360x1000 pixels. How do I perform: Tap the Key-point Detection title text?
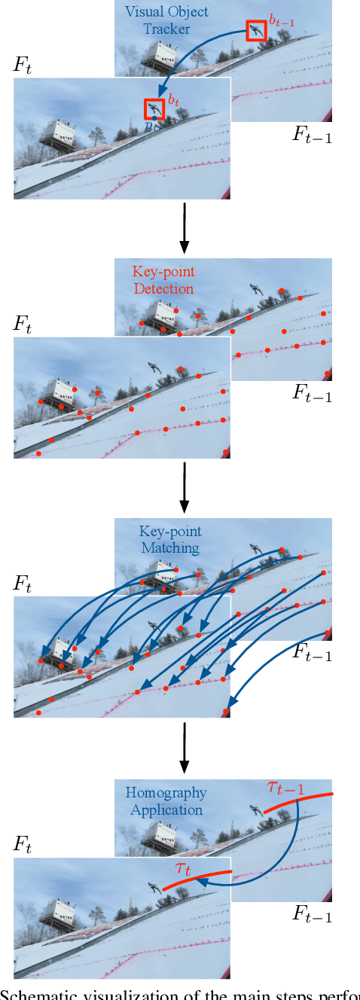point(162,280)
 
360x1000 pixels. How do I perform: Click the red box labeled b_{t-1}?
point(257,30)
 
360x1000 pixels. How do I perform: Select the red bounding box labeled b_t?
point(154,108)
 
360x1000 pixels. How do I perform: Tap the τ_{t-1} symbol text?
point(285,788)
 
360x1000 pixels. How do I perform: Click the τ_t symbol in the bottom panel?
point(183,867)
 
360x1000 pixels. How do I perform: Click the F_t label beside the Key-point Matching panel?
point(23,584)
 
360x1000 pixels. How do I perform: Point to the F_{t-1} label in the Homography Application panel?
point(312,915)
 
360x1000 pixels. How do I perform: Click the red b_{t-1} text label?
point(282,23)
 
